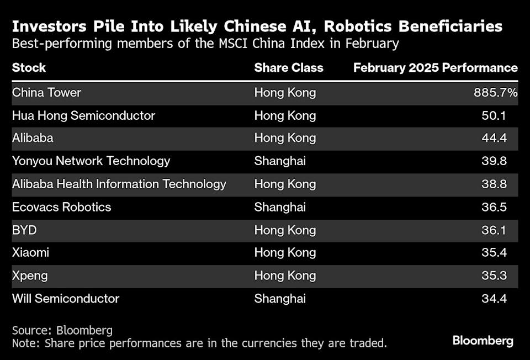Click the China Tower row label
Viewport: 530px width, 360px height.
point(46,93)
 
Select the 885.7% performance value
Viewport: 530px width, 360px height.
point(495,93)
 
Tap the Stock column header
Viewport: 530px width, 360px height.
point(29,68)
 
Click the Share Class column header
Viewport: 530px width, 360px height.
point(288,68)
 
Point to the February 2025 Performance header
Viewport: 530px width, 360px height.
point(435,68)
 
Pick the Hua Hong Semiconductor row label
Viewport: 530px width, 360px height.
point(83,115)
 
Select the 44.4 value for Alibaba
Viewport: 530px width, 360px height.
point(494,138)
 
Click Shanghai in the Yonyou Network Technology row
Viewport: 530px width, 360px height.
point(280,161)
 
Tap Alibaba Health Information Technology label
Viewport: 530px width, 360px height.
point(119,184)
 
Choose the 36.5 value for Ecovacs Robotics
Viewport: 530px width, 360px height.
point(494,207)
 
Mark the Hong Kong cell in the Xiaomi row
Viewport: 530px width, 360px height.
point(285,252)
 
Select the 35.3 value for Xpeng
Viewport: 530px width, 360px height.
point(494,276)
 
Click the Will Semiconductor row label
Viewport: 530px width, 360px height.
point(66,299)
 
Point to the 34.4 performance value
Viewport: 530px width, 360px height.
point(494,299)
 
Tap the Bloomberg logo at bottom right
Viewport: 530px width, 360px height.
point(483,341)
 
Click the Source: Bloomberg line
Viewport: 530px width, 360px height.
point(62,330)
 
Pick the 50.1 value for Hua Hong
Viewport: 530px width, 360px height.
point(494,115)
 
